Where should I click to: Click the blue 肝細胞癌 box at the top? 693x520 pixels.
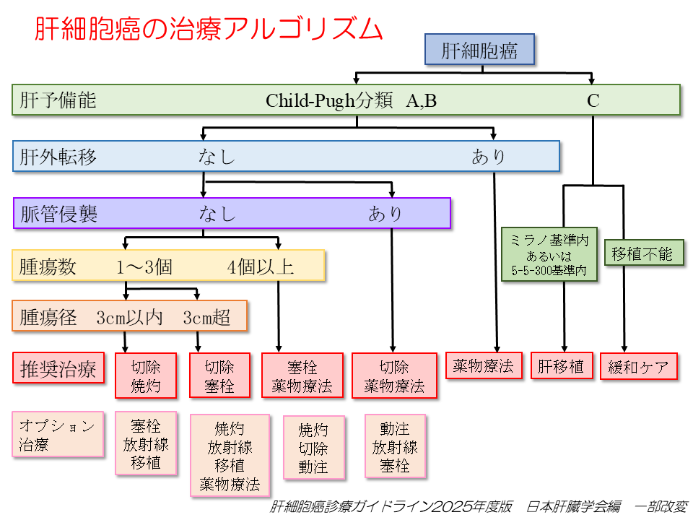(x=479, y=51)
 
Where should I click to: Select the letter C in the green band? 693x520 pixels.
(x=593, y=100)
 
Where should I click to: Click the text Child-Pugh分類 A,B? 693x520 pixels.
(x=351, y=100)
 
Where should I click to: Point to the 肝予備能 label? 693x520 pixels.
(x=58, y=100)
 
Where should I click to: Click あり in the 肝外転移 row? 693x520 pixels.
(x=489, y=157)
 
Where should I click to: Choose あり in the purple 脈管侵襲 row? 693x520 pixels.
(x=385, y=214)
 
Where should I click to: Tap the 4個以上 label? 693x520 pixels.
(x=261, y=267)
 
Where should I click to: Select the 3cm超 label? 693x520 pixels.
(x=207, y=317)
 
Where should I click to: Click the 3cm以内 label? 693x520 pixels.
(x=129, y=317)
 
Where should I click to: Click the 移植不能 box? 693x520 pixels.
(x=642, y=253)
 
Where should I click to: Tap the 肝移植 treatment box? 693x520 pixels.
(x=562, y=366)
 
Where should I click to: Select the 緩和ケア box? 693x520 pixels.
(x=640, y=366)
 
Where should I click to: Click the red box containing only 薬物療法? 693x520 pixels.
(x=483, y=366)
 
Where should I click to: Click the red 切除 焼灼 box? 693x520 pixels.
(x=146, y=376)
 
